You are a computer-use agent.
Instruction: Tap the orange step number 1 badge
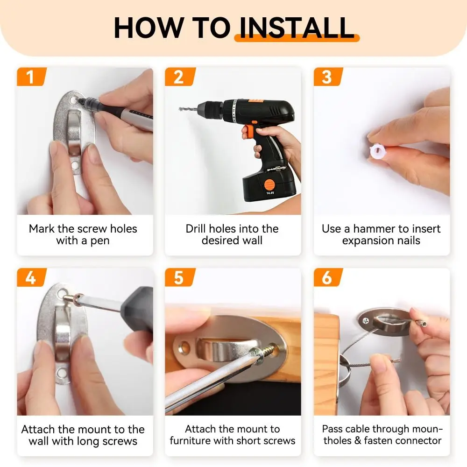click(x=31, y=77)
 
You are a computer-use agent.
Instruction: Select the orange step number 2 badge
click(x=179, y=77)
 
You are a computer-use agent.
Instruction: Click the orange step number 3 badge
click(x=327, y=77)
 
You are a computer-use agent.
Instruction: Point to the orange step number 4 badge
click(x=31, y=277)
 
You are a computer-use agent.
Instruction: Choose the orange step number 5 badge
click(x=179, y=277)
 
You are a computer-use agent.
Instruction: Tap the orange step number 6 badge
click(x=327, y=277)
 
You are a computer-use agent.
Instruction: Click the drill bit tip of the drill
click(x=181, y=109)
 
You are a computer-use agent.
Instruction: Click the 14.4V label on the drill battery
click(x=270, y=192)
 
